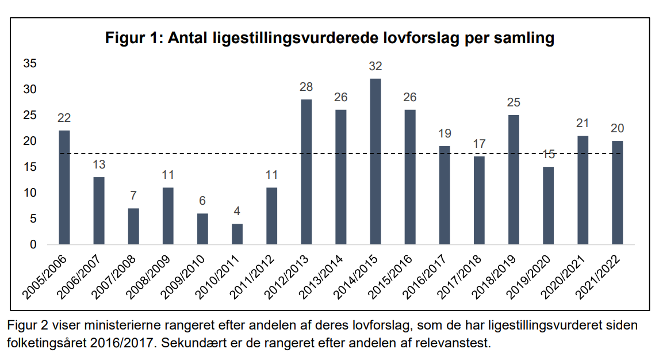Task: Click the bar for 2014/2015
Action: click(x=375, y=162)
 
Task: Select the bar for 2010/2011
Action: click(x=237, y=234)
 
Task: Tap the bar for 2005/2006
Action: click(x=64, y=187)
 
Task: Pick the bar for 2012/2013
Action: click(x=306, y=172)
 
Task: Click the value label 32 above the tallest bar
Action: click(x=375, y=67)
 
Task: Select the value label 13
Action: click(x=99, y=165)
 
